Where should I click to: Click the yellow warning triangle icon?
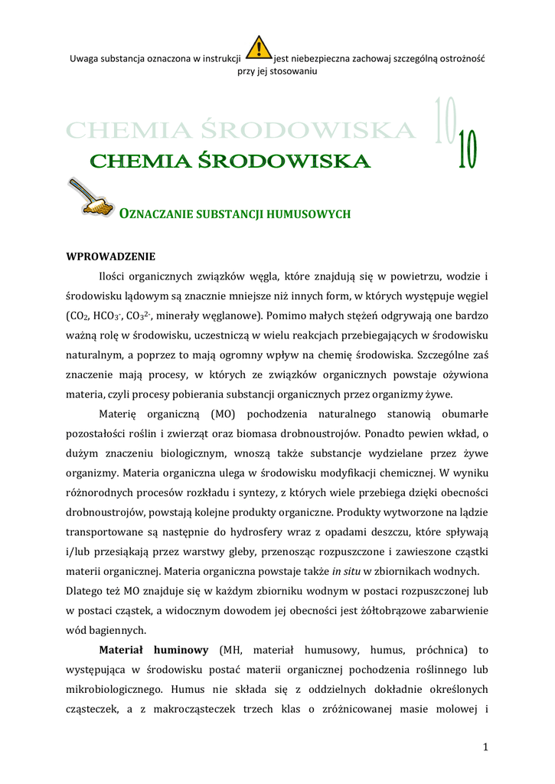tap(260, 48)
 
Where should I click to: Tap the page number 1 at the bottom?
tap(485, 747)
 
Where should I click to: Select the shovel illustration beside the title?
tap(88, 197)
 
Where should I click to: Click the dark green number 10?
tap(467, 152)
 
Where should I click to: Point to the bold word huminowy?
tap(181, 650)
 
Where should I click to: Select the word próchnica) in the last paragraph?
tap(439, 650)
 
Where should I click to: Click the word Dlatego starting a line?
tap(86, 590)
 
